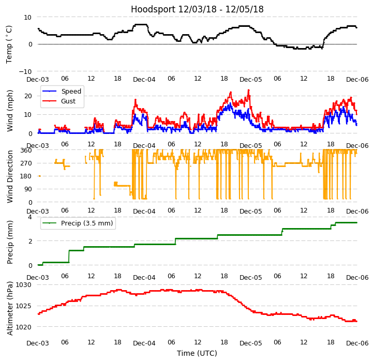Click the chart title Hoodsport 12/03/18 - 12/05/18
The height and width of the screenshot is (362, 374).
(197, 9)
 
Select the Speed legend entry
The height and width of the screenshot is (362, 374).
(71, 92)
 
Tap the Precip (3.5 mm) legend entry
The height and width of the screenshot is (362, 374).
(86, 223)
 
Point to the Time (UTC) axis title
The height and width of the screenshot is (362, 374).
(197, 353)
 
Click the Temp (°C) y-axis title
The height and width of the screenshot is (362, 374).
(9, 44)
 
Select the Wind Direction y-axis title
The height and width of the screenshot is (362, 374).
(9, 176)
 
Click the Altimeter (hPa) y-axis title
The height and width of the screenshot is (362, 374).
(9, 309)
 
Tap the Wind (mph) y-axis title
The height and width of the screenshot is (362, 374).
(9, 110)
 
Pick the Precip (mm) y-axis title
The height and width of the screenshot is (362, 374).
(9, 242)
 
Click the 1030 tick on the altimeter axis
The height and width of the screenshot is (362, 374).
(24, 284)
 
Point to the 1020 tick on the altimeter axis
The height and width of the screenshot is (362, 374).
(24, 327)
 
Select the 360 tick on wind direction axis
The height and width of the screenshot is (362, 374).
(26, 150)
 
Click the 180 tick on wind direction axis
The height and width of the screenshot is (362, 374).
(26, 176)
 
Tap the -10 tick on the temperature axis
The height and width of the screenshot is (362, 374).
(24, 71)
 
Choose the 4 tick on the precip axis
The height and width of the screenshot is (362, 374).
(29, 217)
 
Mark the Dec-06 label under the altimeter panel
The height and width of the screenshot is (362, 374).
(357, 343)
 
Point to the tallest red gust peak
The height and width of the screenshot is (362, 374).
(248, 90)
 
